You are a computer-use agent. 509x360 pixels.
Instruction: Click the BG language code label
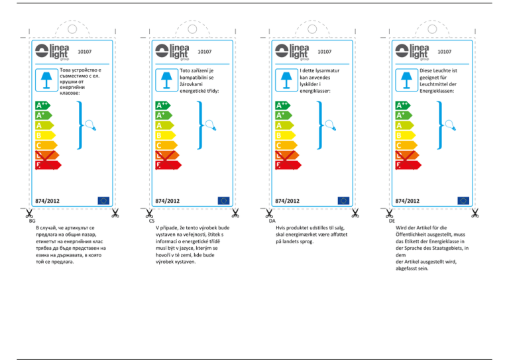pyautogui.click(x=32, y=220)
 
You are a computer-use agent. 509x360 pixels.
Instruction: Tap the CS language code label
pyautogui.click(x=152, y=220)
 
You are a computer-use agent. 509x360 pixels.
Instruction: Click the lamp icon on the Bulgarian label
pyautogui.click(x=46, y=80)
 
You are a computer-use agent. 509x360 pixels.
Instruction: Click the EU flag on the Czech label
pyautogui.click(x=223, y=200)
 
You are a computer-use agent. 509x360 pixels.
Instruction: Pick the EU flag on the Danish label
pyautogui.click(x=343, y=200)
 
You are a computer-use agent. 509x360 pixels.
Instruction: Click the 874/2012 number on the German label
pyautogui.click(x=407, y=200)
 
